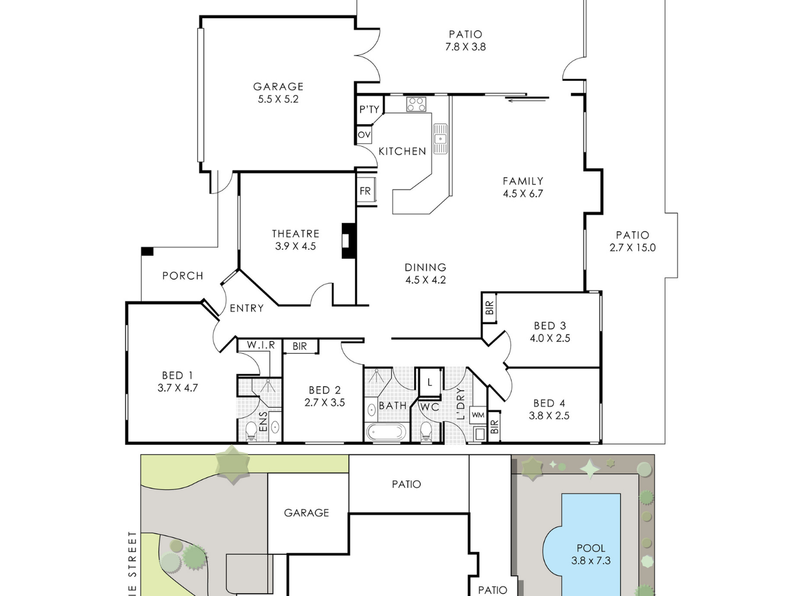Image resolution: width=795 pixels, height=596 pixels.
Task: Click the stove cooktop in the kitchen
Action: (416, 104)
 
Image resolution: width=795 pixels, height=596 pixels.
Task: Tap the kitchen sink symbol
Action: (440, 138)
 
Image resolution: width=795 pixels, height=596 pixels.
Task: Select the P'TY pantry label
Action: (369, 110)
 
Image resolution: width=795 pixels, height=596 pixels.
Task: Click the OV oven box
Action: (364, 135)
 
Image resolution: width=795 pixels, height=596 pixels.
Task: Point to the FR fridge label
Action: (365, 191)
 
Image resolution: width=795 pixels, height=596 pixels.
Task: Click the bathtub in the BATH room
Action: (386, 432)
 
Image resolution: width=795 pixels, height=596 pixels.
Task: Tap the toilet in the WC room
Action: (426, 431)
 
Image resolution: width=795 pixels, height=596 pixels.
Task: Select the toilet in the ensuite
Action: (251, 431)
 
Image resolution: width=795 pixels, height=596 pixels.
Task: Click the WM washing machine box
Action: (478, 415)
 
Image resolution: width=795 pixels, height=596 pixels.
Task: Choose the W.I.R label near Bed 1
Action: (261, 345)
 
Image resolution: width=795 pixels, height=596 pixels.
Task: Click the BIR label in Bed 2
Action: (300, 346)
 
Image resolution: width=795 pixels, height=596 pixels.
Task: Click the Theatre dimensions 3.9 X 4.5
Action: (295, 246)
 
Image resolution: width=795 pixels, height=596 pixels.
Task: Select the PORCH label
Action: (183, 276)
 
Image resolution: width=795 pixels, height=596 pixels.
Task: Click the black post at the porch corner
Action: (147, 251)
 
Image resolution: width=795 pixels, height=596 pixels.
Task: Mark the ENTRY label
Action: (247, 308)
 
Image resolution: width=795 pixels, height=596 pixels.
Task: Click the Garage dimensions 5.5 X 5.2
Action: (278, 100)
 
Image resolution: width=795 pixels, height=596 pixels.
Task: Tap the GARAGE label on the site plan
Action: (306, 513)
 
